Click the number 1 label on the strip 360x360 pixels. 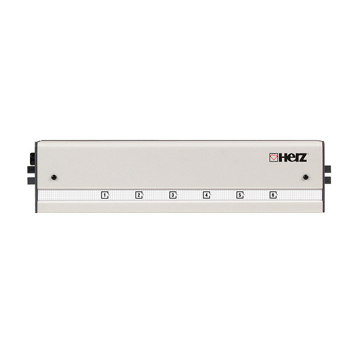[x=104, y=195]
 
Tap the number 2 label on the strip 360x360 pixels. [x=138, y=195]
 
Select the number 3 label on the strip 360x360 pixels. [x=172, y=195]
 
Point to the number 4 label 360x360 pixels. [x=206, y=195]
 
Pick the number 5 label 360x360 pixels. [x=239, y=195]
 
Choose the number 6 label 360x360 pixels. [x=273, y=195]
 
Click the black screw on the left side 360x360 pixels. [x=54, y=177]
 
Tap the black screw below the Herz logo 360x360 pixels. [x=306, y=177]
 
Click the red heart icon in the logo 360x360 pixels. [x=274, y=158]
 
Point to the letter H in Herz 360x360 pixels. [x=281, y=158]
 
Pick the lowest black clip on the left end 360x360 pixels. [x=31, y=180]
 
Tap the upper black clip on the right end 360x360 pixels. [x=328, y=169]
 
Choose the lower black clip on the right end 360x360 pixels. [x=328, y=180]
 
